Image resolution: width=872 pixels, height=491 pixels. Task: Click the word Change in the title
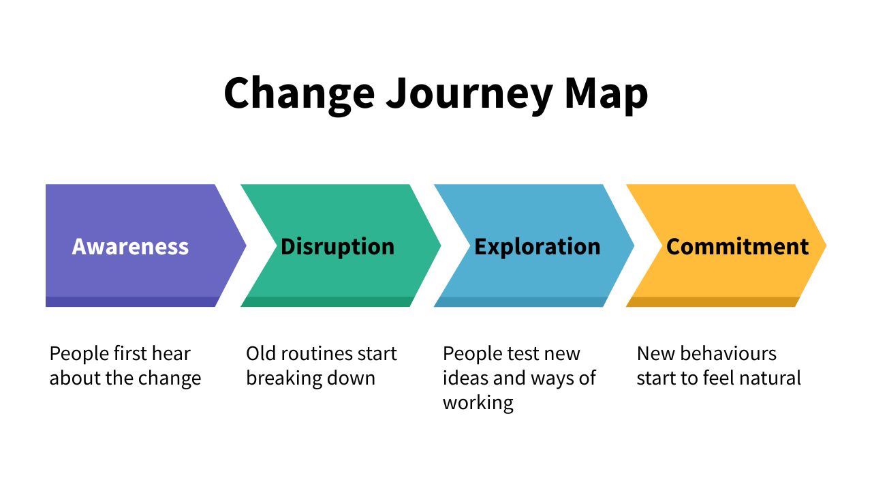(x=298, y=93)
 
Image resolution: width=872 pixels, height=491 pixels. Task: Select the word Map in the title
(x=606, y=93)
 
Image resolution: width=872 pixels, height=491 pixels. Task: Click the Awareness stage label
(x=130, y=246)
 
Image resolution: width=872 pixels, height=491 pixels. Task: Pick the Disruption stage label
(x=337, y=246)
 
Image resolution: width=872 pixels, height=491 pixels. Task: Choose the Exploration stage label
(x=537, y=246)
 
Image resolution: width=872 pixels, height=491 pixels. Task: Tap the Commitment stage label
(x=737, y=246)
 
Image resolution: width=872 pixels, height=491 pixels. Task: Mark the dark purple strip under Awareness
(x=129, y=301)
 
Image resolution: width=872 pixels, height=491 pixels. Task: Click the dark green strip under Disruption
(x=327, y=301)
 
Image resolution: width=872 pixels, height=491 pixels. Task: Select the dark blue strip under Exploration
(x=520, y=301)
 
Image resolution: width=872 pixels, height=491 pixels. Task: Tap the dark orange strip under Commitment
(x=712, y=301)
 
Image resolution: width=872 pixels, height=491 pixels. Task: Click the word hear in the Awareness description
(x=170, y=354)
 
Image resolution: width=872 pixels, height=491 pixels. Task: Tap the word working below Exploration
(x=478, y=402)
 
